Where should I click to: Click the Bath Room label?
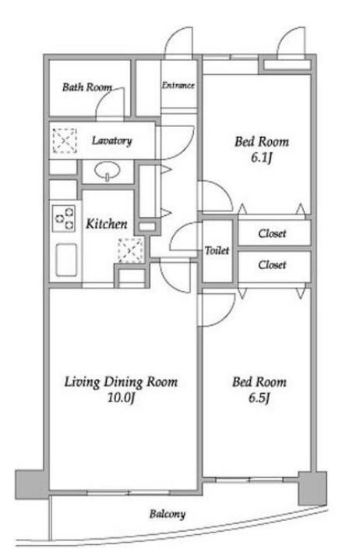pyautogui.click(x=87, y=87)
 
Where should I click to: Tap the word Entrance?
pyautogui.click(x=178, y=85)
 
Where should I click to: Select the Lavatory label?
pyautogui.click(x=111, y=141)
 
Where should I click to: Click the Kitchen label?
pyautogui.click(x=107, y=224)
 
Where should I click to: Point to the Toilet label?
pyautogui.click(x=217, y=250)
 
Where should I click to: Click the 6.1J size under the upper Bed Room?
pyautogui.click(x=261, y=158)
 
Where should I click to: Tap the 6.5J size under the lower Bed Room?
pyautogui.click(x=259, y=398)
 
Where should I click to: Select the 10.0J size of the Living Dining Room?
pyautogui.click(x=121, y=398)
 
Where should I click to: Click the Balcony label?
pyautogui.click(x=168, y=514)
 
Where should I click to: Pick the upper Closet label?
pyautogui.click(x=272, y=233)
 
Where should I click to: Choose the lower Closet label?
pyautogui.click(x=272, y=264)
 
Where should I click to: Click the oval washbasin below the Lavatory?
pyautogui.click(x=107, y=171)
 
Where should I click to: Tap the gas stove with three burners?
pyautogui.click(x=64, y=218)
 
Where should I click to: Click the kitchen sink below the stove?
pyautogui.click(x=66, y=260)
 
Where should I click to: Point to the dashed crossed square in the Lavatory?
pyautogui.click(x=65, y=141)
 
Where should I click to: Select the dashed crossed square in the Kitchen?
pyautogui.click(x=131, y=250)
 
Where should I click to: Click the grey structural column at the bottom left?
pyautogui.click(x=31, y=485)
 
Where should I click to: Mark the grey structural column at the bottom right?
pyautogui.click(x=312, y=488)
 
